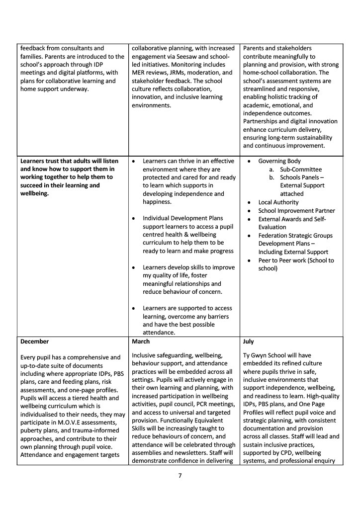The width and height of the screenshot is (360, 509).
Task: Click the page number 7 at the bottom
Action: (180, 476)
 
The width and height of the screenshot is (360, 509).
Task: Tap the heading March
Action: (141, 342)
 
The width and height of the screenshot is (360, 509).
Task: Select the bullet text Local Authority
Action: (278, 202)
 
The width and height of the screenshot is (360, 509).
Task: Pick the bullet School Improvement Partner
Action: (296, 211)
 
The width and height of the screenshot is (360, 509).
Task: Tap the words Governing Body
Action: (279, 161)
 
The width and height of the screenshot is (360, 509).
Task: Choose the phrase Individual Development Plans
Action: (183, 218)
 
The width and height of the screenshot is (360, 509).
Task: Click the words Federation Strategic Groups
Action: (295, 236)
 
